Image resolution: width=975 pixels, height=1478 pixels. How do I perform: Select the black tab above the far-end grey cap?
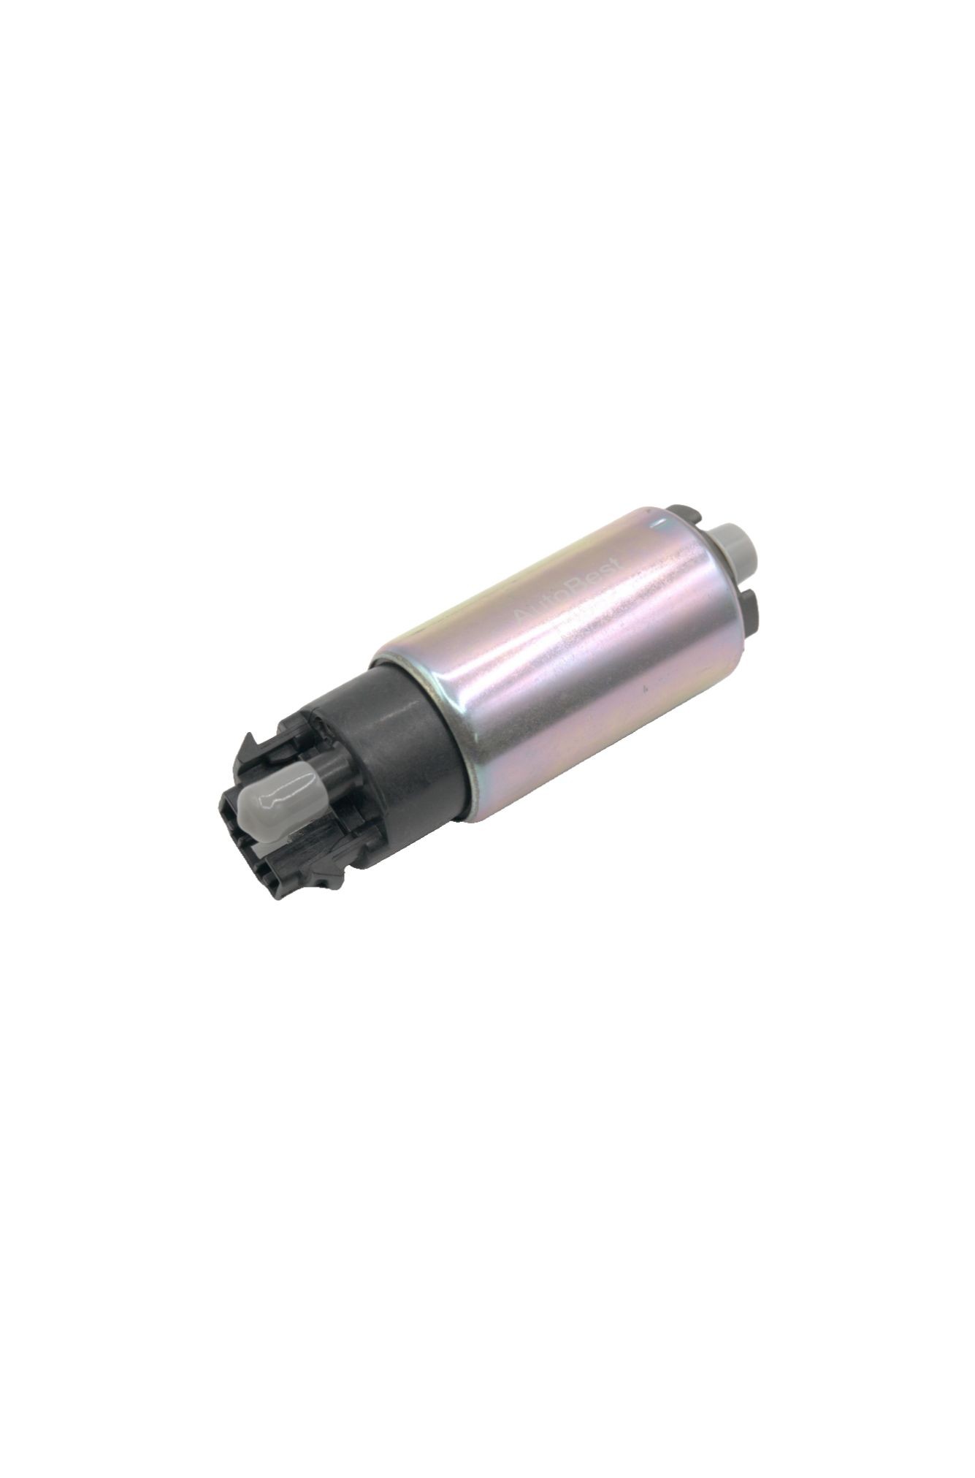685,514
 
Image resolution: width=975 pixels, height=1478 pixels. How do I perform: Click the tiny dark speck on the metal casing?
645,688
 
